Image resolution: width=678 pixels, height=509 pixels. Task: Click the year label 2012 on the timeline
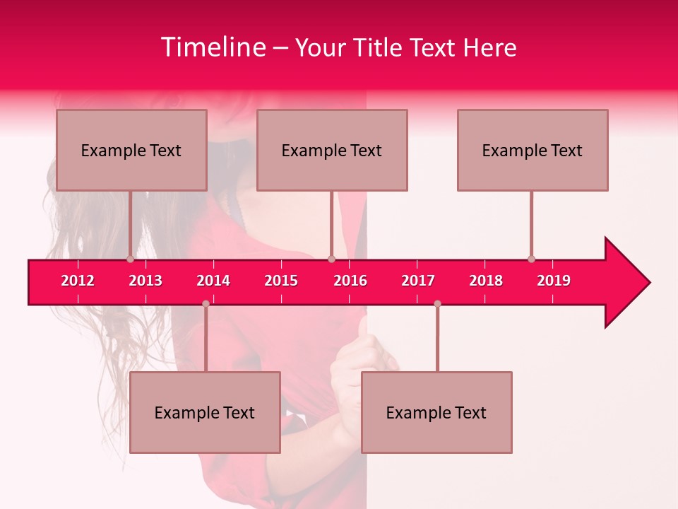click(78, 281)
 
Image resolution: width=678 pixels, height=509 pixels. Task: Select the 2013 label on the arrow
click(145, 281)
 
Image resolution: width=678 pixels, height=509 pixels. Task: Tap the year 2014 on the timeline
click(213, 281)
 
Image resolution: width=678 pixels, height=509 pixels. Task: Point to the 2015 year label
click(281, 281)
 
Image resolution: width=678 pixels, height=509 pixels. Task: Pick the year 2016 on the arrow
click(350, 281)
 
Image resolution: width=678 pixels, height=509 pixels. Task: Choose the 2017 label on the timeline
click(418, 281)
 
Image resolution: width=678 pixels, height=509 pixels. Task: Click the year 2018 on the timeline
click(486, 281)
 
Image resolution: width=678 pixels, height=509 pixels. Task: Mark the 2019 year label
click(554, 281)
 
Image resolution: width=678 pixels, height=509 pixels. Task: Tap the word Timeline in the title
click(213, 47)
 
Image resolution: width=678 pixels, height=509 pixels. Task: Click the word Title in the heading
click(378, 47)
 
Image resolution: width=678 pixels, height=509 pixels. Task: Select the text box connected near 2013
click(131, 150)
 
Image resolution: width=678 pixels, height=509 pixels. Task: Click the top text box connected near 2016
click(332, 150)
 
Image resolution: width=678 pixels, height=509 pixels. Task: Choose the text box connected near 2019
click(533, 150)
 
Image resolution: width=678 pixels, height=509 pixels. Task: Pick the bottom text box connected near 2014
click(205, 412)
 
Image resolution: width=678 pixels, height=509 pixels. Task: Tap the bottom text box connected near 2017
click(436, 412)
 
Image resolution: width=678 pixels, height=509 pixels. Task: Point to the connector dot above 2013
click(130, 259)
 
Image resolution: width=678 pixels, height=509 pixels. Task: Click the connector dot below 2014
click(206, 303)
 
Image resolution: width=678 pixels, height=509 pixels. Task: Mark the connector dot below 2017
click(437, 303)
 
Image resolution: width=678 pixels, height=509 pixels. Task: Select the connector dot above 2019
click(531, 259)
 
